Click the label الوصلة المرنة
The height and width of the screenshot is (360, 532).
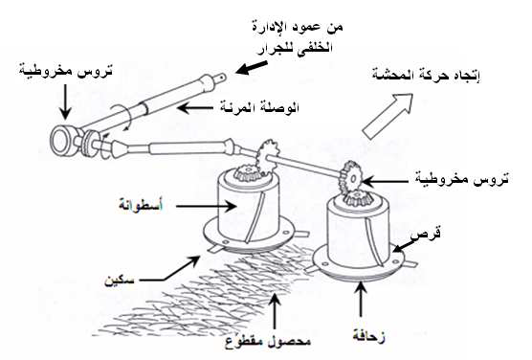pos(259,107)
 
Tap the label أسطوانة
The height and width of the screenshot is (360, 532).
pos(141,206)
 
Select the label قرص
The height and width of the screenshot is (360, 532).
pos(426,234)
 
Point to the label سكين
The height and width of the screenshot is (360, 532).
pos(119,281)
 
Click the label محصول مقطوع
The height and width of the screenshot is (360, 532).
pos(268,341)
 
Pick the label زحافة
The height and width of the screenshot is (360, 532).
pos(368,336)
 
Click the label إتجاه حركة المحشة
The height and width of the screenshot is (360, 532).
pos(426,76)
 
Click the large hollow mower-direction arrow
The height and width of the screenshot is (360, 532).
pos(388,116)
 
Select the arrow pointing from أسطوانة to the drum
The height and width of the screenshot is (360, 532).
pos(207,206)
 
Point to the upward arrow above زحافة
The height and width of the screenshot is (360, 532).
pos(362,300)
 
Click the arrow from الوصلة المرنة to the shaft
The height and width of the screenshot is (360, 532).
pos(195,108)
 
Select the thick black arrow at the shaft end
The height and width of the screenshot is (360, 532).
pos(252,67)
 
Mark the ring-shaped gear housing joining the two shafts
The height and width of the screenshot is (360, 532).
pos(62,141)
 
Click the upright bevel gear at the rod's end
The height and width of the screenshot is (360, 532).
pos(351,178)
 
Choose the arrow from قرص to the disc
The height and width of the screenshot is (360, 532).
pos(403,245)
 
